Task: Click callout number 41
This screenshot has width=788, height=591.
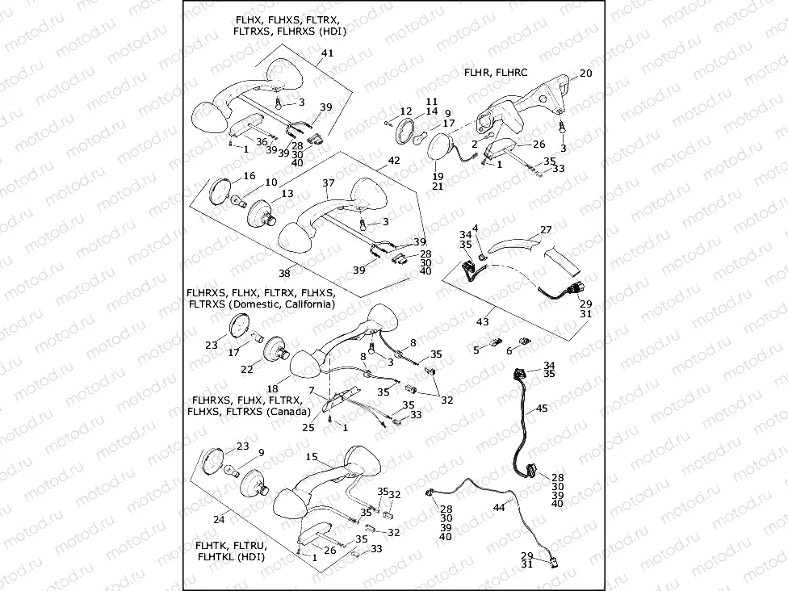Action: [x=326, y=53]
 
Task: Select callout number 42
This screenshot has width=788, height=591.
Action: [x=394, y=161]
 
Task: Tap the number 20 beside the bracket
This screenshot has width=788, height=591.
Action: [x=586, y=73]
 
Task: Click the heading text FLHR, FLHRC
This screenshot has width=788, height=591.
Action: [x=496, y=72]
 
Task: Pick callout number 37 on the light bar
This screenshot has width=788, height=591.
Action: [x=328, y=183]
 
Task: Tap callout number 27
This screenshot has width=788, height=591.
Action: [x=546, y=230]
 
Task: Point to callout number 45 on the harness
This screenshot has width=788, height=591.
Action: [x=542, y=409]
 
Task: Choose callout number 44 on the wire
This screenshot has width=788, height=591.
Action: [x=498, y=506]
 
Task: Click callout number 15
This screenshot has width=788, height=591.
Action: [x=311, y=457]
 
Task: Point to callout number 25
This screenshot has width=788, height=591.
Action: [x=308, y=427]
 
